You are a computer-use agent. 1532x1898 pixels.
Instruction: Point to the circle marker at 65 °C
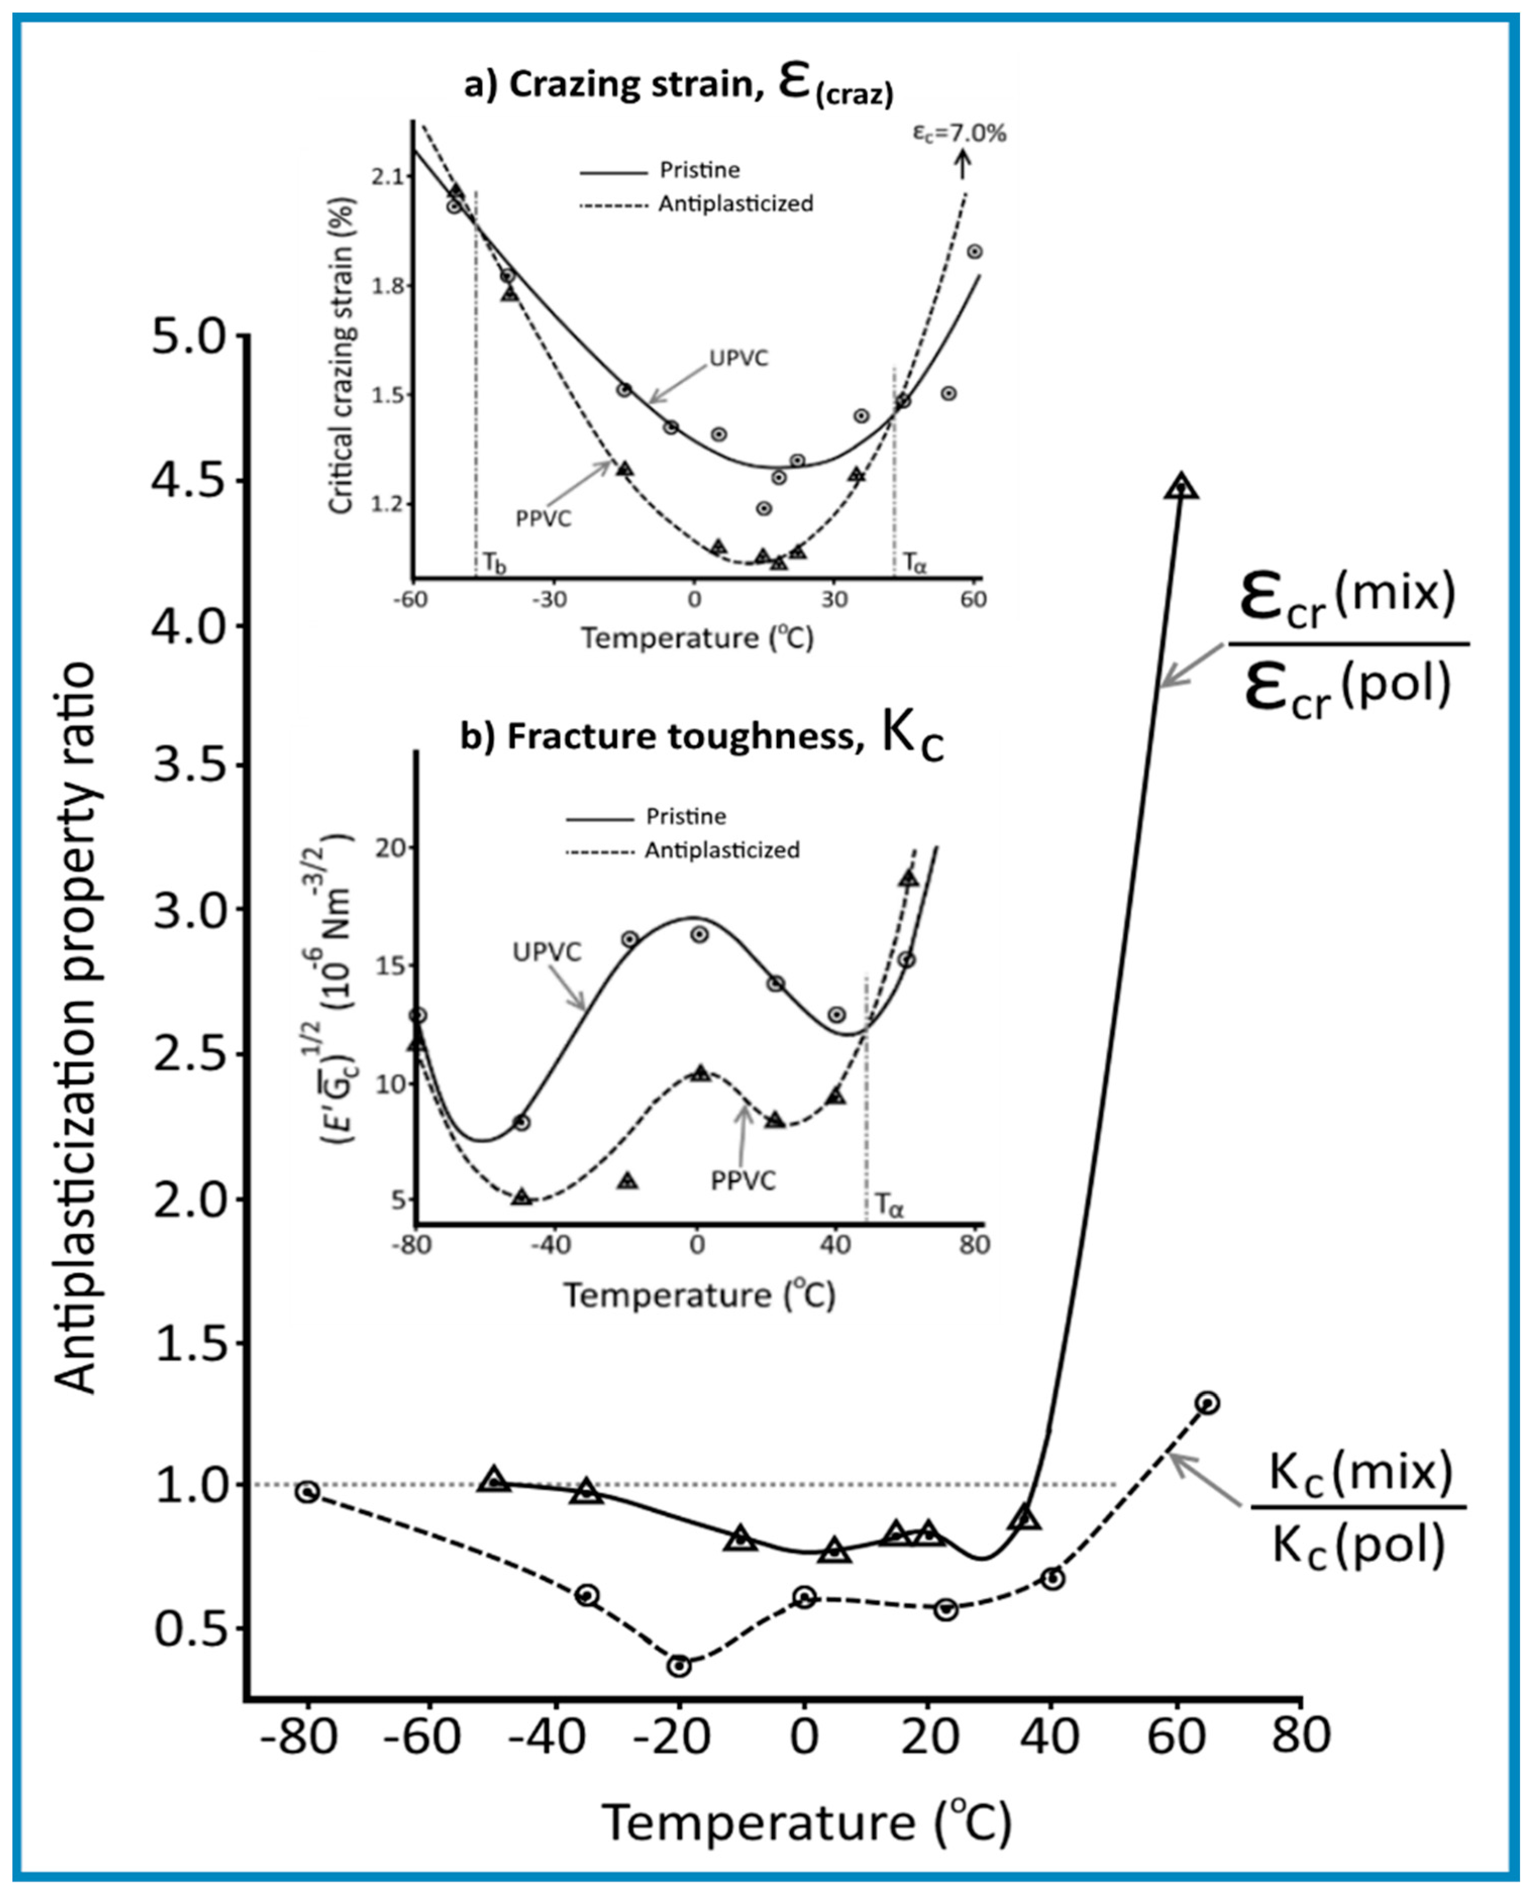[1207, 1402]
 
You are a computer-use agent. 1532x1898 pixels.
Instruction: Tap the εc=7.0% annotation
[959, 134]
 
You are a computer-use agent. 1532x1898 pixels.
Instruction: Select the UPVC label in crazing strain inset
[738, 358]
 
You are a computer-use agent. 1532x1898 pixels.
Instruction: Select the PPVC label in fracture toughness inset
[743, 1181]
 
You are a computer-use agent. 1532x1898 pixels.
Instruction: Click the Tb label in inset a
[493, 562]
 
